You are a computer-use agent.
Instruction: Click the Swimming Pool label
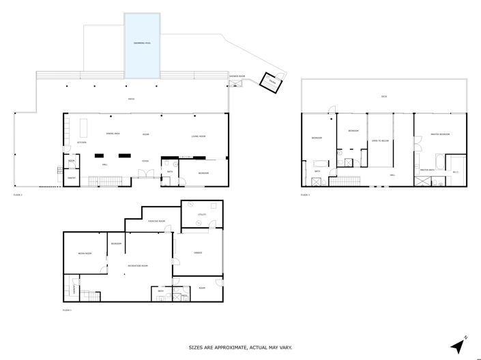[142, 44]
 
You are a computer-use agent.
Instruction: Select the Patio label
[131, 100]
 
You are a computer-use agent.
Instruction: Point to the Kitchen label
[82, 142]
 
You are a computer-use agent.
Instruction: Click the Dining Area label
[113, 134]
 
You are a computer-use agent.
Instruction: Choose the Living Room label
[199, 138]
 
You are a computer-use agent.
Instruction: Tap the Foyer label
[145, 161]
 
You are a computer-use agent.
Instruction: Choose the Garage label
[198, 253]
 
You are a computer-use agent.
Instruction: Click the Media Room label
[85, 253]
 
